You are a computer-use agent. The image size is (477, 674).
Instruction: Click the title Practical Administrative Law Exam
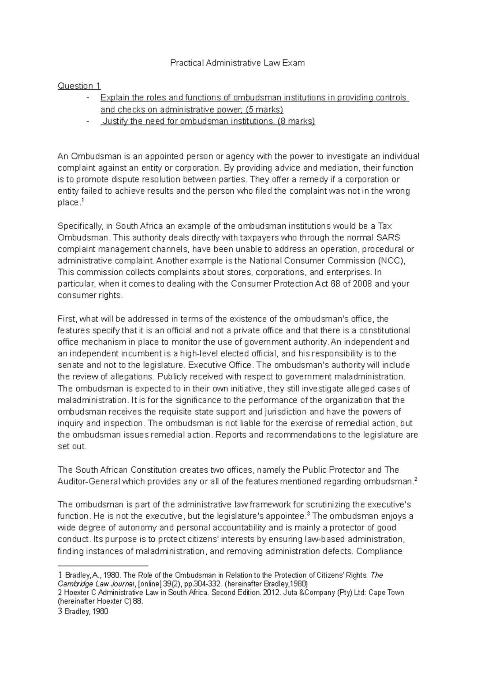pos(237,63)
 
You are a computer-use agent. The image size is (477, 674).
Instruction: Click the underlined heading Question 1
pos(79,86)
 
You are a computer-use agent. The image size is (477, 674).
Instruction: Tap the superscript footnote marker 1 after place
pos(82,200)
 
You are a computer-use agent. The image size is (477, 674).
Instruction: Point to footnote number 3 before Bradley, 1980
pos(60,612)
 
